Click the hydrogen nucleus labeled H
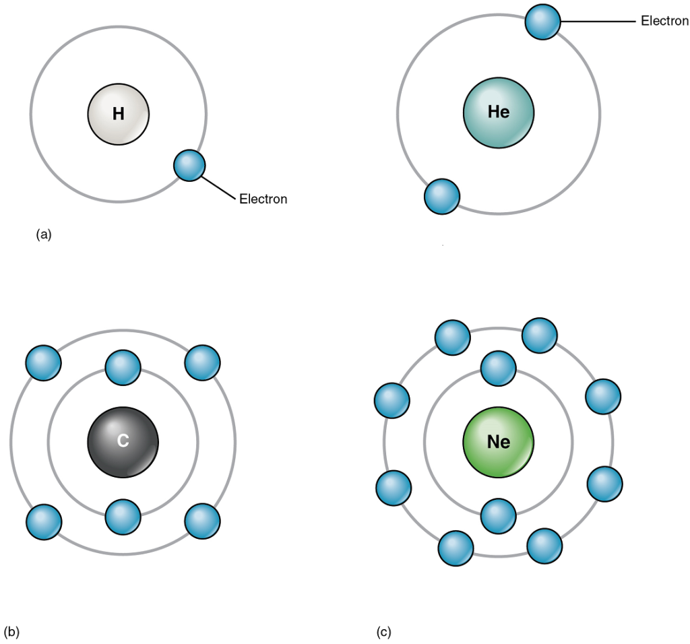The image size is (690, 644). point(119,114)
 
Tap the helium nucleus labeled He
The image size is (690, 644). point(499,112)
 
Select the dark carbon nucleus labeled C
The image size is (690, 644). point(123,442)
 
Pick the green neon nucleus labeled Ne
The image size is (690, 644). point(499,442)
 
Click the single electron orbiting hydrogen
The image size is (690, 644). point(189,165)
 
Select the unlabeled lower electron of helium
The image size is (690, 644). point(442,196)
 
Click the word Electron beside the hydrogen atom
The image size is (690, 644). point(263,199)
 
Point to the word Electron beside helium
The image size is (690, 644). point(664,22)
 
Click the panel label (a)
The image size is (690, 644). point(43,234)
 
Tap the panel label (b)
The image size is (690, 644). point(11,632)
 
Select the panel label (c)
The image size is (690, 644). point(383,632)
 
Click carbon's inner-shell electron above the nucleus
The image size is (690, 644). point(123,368)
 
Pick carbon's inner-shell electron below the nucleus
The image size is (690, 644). point(123,517)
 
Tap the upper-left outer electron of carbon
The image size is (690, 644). point(43,362)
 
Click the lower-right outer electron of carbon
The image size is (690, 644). point(202,521)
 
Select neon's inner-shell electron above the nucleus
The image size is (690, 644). point(499,368)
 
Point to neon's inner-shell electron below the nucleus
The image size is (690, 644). point(499,515)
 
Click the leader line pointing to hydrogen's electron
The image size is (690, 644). point(220,188)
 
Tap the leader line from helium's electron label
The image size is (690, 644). point(598,22)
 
